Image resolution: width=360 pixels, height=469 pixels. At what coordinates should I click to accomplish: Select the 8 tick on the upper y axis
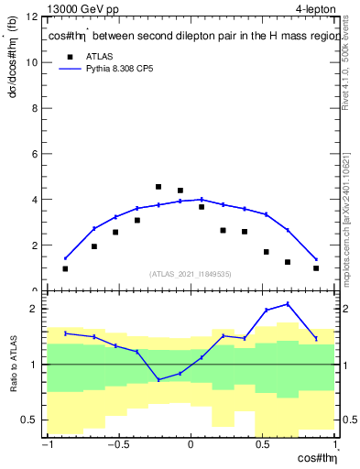[35, 108]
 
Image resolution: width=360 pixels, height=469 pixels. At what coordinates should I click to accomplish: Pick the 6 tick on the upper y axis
[35, 154]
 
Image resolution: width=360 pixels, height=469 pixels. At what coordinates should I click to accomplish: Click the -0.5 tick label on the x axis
[117, 446]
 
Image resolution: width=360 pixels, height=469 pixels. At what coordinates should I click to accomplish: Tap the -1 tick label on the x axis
[45, 446]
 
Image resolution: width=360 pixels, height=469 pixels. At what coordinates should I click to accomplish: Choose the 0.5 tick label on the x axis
[263, 446]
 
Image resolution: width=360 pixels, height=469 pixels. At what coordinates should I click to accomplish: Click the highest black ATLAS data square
[158, 187]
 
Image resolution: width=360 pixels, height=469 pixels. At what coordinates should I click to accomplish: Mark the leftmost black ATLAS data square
[65, 268]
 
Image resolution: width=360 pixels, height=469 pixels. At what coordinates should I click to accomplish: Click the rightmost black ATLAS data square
[316, 268]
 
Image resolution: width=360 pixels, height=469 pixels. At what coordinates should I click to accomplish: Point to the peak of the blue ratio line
[288, 304]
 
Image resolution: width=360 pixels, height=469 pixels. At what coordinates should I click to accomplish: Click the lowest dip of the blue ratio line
[158, 379]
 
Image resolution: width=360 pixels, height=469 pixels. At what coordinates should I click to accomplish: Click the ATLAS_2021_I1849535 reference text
[190, 274]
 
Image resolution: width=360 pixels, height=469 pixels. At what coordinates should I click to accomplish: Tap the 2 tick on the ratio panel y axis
[35, 309]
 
